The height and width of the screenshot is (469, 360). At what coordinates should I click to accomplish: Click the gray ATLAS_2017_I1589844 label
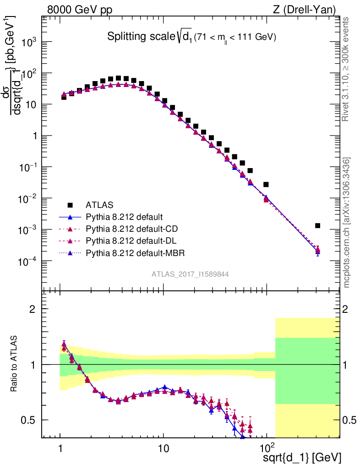click(190, 274)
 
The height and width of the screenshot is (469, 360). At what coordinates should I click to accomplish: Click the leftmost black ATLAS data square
click(64, 97)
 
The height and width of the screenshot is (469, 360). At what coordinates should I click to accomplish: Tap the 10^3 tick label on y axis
click(28, 42)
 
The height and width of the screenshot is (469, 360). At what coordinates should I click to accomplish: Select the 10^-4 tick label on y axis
click(28, 262)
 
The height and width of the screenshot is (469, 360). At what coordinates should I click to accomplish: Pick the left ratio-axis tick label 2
click(32, 309)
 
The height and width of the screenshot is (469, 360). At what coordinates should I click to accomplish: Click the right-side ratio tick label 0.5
click(350, 420)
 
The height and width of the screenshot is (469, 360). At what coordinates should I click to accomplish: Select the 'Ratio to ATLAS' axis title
click(14, 364)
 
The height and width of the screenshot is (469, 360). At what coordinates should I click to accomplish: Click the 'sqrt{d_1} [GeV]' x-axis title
click(302, 458)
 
